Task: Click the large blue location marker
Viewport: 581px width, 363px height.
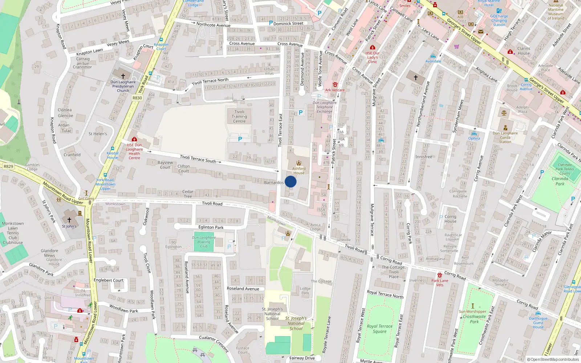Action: [290, 182]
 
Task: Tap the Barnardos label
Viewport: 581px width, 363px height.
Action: [274, 183]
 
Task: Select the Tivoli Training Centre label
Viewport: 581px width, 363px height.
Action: [239, 117]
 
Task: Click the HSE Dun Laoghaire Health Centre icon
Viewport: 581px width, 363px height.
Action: [134, 139]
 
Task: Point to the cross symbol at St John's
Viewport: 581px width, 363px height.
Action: [69, 220]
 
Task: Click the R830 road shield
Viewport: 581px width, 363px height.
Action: [137, 98]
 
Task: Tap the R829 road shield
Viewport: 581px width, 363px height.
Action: [8, 167]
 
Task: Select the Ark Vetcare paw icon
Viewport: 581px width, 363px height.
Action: [335, 84]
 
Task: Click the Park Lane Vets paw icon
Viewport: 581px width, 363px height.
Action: [440, 275]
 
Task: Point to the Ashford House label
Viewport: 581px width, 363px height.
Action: [299, 171]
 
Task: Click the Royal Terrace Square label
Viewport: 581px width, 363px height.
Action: [379, 329]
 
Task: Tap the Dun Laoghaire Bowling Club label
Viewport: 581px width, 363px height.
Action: [204, 242]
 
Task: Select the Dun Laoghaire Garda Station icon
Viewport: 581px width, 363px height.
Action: [505, 128]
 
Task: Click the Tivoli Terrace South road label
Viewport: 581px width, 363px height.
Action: [198, 159]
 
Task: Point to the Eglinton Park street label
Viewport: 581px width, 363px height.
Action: [211, 227]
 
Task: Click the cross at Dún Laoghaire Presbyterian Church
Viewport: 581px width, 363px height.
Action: [123, 76]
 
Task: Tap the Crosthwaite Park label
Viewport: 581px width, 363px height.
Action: [474, 319]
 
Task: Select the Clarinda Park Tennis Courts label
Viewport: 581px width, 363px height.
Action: [564, 169]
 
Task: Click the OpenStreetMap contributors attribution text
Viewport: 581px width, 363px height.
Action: [553, 360]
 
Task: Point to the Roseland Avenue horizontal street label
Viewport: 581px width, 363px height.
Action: [243, 289]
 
